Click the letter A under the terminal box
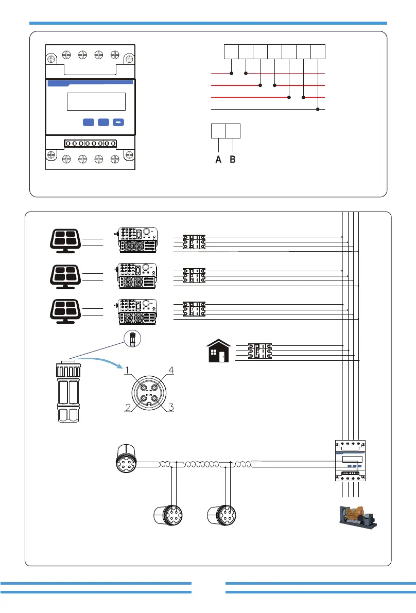click(218, 160)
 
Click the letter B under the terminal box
click(233, 160)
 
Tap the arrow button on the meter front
click(118, 122)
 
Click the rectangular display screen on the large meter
click(96, 101)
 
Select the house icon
click(219, 351)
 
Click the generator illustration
click(358, 517)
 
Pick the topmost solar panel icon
click(65, 240)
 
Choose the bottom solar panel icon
click(65, 311)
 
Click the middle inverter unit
click(137, 275)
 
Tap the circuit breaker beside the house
click(260, 351)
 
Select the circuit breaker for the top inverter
click(194, 242)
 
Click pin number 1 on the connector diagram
click(144, 388)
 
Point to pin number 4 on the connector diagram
click(155, 388)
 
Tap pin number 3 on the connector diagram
click(155, 399)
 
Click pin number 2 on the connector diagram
click(144, 399)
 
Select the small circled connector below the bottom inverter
click(132, 339)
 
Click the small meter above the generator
click(350, 460)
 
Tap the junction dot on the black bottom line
click(318, 110)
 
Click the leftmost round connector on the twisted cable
click(126, 459)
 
